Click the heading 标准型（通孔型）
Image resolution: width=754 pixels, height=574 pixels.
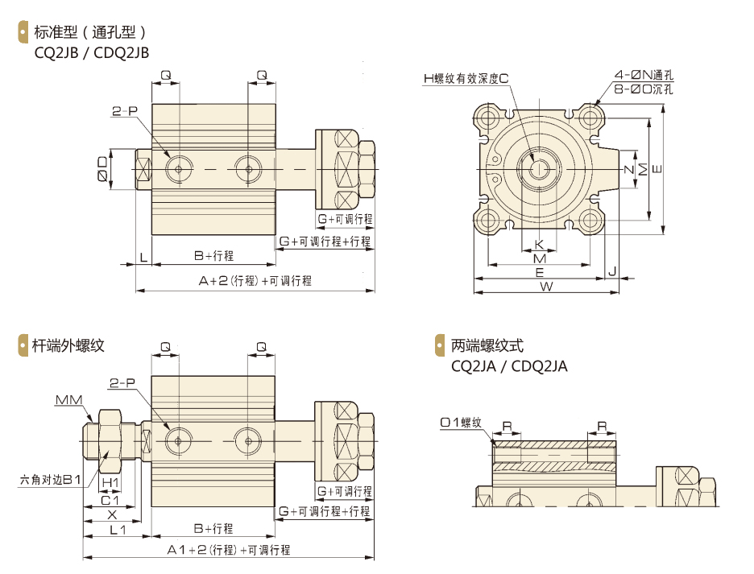(89, 33)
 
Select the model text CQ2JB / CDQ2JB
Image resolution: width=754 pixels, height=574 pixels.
(92, 52)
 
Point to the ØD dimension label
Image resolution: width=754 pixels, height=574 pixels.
(102, 169)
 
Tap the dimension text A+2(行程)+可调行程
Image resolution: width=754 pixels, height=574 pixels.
(255, 281)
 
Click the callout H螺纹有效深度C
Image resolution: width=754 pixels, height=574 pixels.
(466, 78)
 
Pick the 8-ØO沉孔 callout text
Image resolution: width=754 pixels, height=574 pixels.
(643, 89)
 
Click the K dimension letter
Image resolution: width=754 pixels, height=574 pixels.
(540, 245)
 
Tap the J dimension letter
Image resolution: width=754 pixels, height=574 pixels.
(612, 272)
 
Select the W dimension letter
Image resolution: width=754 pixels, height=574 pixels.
(545, 287)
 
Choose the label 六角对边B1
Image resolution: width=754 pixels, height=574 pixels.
(51, 481)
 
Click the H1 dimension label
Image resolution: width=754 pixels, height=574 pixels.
(110, 482)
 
